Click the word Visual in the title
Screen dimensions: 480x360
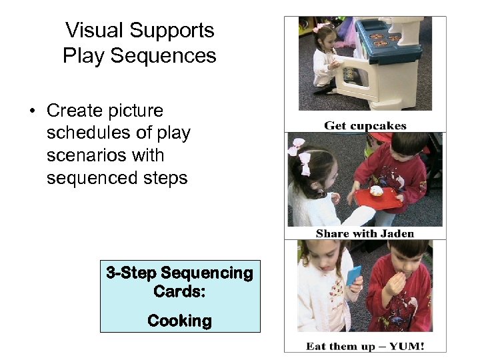[94, 31]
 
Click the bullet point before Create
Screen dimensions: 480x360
[32, 111]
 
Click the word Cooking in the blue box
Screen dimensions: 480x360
[179, 321]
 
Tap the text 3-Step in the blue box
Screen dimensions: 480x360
[131, 273]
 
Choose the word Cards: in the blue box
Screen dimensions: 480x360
[179, 291]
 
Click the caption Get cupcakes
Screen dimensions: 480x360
[365, 125]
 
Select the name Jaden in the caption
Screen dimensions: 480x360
[397, 233]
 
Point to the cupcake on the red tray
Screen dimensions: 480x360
[377, 191]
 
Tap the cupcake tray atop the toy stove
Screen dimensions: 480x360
[379, 39]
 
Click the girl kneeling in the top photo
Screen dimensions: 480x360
[326, 60]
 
